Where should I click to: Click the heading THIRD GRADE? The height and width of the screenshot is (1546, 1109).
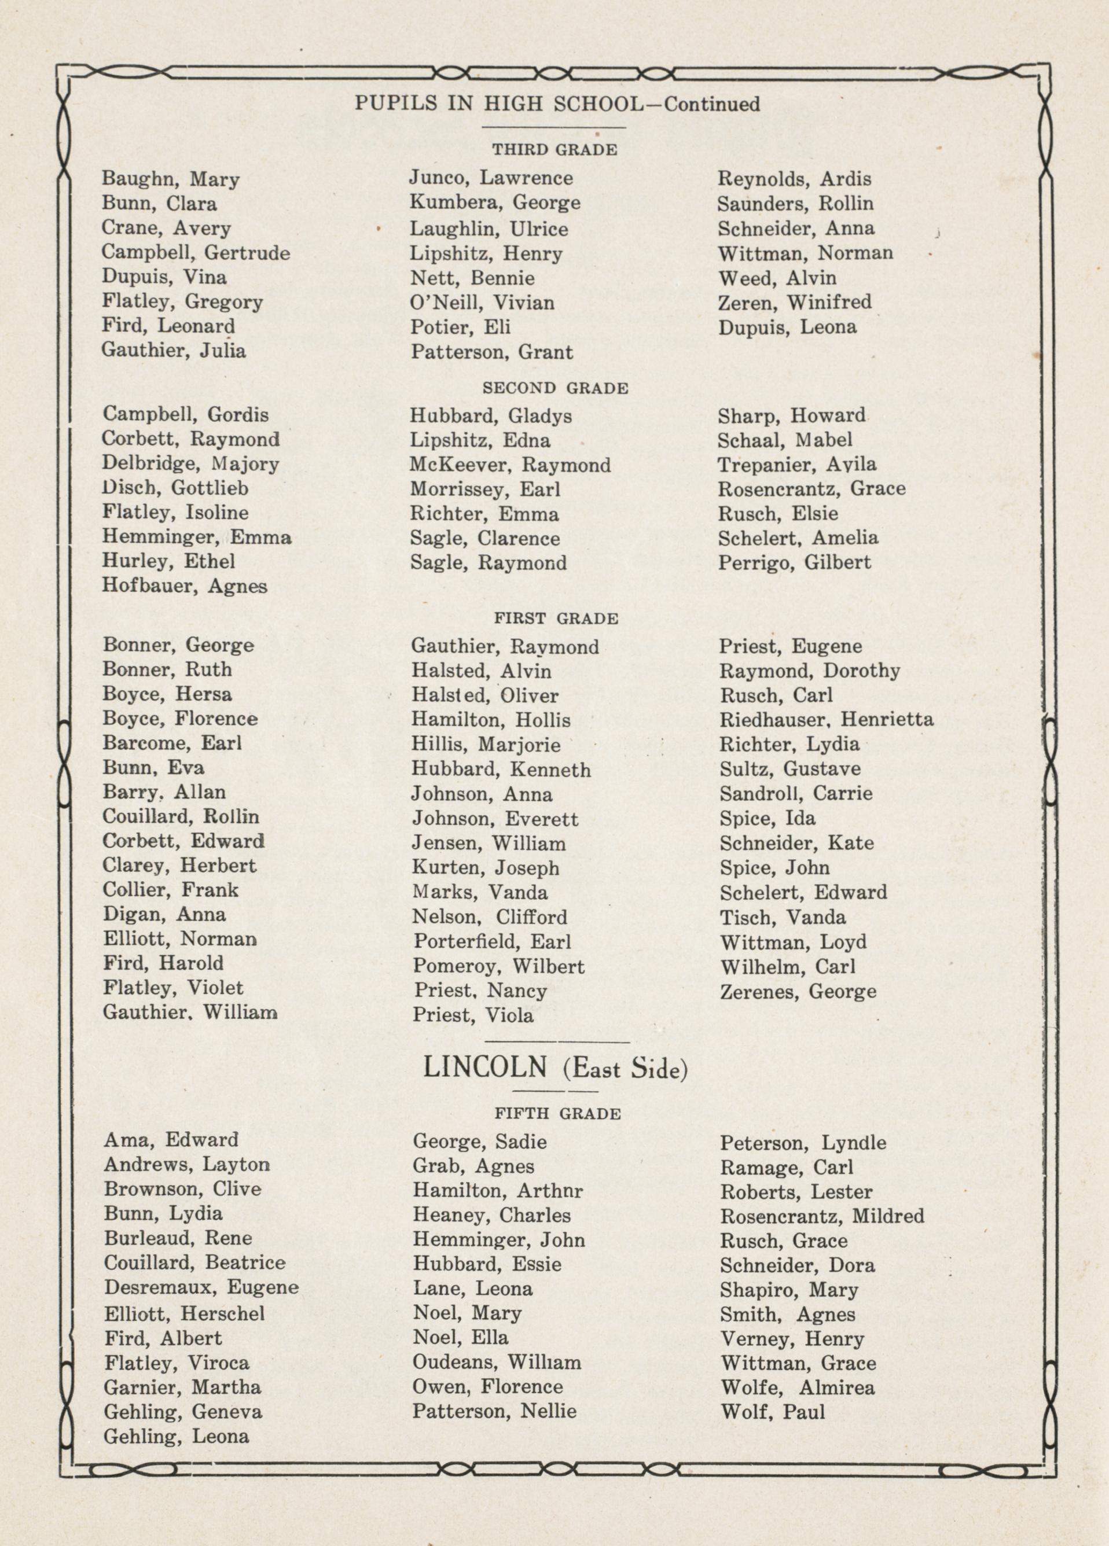(x=554, y=150)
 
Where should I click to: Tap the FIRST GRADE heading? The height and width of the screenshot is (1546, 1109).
(x=556, y=619)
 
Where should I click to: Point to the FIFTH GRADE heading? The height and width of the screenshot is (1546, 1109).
(x=557, y=1114)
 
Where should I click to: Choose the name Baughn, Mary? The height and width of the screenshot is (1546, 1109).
(x=171, y=179)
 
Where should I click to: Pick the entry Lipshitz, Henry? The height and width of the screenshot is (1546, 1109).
(x=486, y=254)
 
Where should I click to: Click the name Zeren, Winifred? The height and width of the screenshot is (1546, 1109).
(x=795, y=302)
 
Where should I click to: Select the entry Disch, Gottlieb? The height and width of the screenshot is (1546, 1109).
(x=175, y=488)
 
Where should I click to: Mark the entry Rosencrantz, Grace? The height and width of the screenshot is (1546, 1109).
(x=811, y=489)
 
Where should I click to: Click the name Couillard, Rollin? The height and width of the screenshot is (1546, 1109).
(x=181, y=816)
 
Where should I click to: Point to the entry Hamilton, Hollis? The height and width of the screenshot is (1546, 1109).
(x=491, y=720)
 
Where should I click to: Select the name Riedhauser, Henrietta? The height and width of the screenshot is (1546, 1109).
(x=827, y=720)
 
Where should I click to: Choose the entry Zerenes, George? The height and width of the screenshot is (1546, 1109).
(x=798, y=991)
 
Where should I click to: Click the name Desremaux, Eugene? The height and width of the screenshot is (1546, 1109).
(x=201, y=1287)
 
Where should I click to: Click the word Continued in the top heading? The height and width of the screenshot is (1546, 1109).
(x=712, y=104)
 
